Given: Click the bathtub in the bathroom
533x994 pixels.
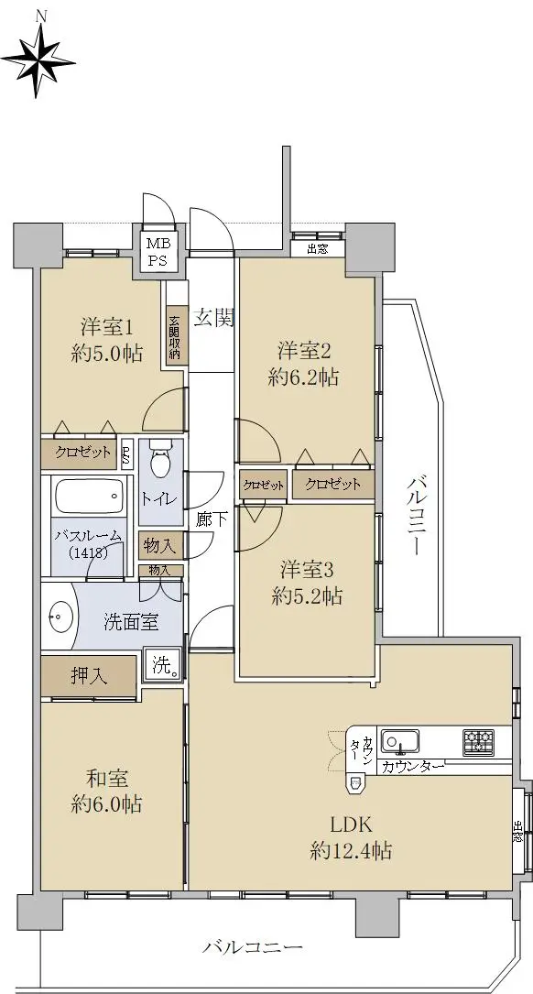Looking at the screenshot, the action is point(88,496).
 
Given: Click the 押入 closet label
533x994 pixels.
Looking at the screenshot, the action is point(89,676).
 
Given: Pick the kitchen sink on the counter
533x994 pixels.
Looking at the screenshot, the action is point(401,742).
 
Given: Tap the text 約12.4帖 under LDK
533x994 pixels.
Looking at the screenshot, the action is point(351,849).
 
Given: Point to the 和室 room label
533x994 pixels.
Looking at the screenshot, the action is point(106,778).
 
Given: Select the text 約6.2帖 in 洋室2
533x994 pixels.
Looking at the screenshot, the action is point(303,377).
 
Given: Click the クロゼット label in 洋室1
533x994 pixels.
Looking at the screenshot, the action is point(83,453).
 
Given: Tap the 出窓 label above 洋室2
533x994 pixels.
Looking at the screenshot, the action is point(318,248).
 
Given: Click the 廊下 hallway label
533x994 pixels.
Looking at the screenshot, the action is point(212,519).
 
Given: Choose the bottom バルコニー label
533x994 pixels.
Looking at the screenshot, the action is point(253,948).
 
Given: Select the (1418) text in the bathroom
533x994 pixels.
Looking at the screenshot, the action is point(88,552).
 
